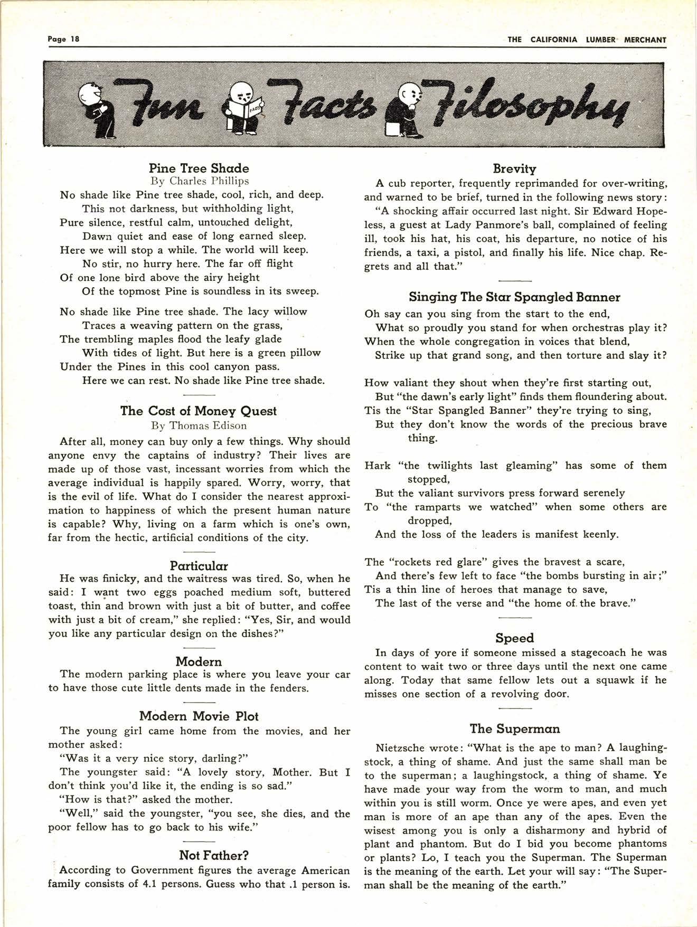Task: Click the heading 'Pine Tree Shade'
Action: point(199,168)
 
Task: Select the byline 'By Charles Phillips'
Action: point(200,181)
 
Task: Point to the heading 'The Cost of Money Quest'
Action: point(199,411)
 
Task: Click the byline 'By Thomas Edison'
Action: point(199,425)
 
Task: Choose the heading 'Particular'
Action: point(199,566)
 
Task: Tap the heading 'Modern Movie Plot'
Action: point(199,716)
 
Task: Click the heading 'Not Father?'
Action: point(214,856)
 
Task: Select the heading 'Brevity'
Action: point(514,169)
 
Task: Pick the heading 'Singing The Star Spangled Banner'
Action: point(514,297)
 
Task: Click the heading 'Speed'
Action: point(514,638)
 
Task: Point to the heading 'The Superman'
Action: point(514,729)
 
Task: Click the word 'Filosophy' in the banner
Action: point(533,106)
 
